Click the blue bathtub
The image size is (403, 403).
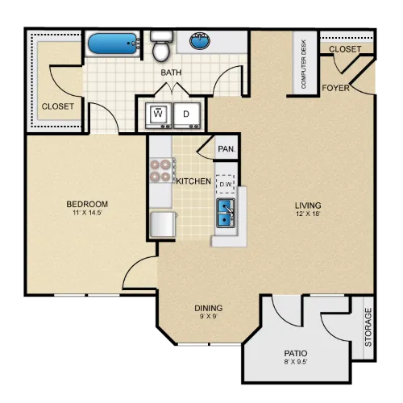pyautogui.click(x=113, y=44)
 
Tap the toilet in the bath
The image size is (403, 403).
pyautogui.click(x=161, y=46)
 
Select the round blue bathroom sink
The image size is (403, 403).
pyautogui.click(x=200, y=41)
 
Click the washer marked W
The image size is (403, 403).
pyautogui.click(x=159, y=115)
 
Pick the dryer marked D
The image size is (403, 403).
pyautogui.click(x=187, y=115)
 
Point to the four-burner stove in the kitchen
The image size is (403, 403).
pyautogui.click(x=162, y=170)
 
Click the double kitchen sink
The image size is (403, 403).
pyautogui.click(x=226, y=214)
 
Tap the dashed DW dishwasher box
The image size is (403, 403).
pyautogui.click(x=226, y=185)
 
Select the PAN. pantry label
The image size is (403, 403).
pyautogui.click(x=226, y=149)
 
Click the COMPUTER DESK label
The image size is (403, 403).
pyautogui.click(x=304, y=64)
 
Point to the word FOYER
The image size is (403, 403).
pyautogui.click(x=335, y=88)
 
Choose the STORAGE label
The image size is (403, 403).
pyautogui.click(x=368, y=327)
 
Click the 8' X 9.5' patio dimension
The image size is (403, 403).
pyautogui.click(x=296, y=362)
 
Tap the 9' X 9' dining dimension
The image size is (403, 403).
pyautogui.click(x=208, y=316)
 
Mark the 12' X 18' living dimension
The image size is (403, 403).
pyautogui.click(x=308, y=214)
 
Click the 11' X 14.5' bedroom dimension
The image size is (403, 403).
pyautogui.click(x=87, y=213)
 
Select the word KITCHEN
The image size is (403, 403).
pyautogui.click(x=193, y=181)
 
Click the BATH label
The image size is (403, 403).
pyautogui.click(x=171, y=73)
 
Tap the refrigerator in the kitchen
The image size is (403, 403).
pyautogui.click(x=163, y=224)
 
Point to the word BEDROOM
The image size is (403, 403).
pyautogui.click(x=87, y=204)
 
